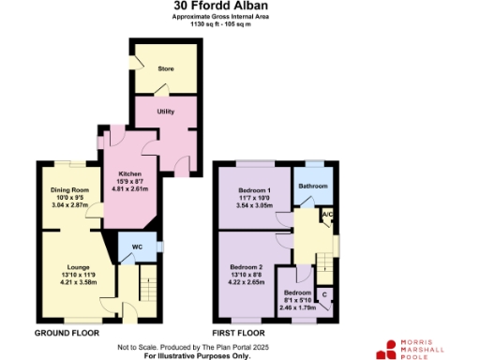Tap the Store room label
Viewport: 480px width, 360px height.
[165, 68]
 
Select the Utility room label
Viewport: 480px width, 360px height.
[166, 112]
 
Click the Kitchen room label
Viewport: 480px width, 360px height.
[129, 173]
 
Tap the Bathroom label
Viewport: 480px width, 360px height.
[313, 187]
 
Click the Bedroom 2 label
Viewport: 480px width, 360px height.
[247, 267]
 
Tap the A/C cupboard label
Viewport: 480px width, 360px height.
[327, 215]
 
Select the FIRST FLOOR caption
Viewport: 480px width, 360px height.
[239, 333]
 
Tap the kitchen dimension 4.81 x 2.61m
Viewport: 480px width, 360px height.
[129, 188]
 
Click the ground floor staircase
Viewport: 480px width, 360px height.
[146, 281]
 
